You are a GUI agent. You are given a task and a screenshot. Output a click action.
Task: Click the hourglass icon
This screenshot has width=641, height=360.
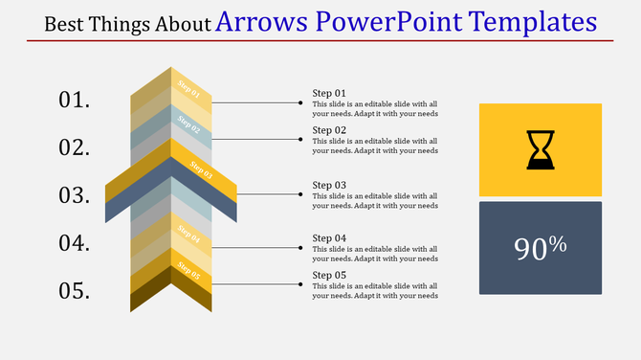(540, 150)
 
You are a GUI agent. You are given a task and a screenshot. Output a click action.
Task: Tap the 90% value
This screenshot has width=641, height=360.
(541, 248)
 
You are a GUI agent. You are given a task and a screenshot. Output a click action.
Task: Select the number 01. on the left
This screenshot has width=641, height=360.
(75, 100)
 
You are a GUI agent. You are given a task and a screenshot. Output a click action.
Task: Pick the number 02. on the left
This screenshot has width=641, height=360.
(75, 147)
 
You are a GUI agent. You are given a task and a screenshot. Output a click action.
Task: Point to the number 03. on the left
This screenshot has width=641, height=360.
(75, 195)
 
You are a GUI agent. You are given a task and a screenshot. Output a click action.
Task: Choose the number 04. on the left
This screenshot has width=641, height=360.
(75, 243)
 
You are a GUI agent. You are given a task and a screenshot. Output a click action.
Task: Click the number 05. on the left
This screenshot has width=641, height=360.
(75, 291)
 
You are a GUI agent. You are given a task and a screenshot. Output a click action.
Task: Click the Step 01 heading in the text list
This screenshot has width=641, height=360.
(329, 93)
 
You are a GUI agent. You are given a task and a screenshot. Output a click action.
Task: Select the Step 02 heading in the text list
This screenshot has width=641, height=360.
(329, 130)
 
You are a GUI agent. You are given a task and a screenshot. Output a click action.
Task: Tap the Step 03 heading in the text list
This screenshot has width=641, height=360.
(329, 185)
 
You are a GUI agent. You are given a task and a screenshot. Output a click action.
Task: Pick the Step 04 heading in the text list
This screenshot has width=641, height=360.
(329, 237)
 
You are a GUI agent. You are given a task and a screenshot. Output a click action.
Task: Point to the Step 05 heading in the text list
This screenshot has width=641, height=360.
(329, 276)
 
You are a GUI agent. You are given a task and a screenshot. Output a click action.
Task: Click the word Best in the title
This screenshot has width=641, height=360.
(64, 24)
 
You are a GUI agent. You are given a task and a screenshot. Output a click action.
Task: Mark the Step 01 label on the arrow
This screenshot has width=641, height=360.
(189, 93)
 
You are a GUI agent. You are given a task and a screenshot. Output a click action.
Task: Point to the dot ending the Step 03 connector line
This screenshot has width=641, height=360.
(300, 194)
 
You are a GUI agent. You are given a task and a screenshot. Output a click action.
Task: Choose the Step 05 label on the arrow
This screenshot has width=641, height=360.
(189, 276)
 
